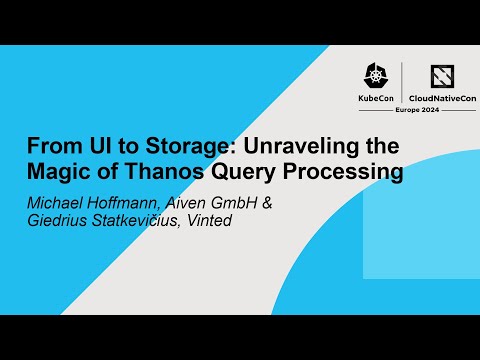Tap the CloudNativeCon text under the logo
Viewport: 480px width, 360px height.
click(442, 100)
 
